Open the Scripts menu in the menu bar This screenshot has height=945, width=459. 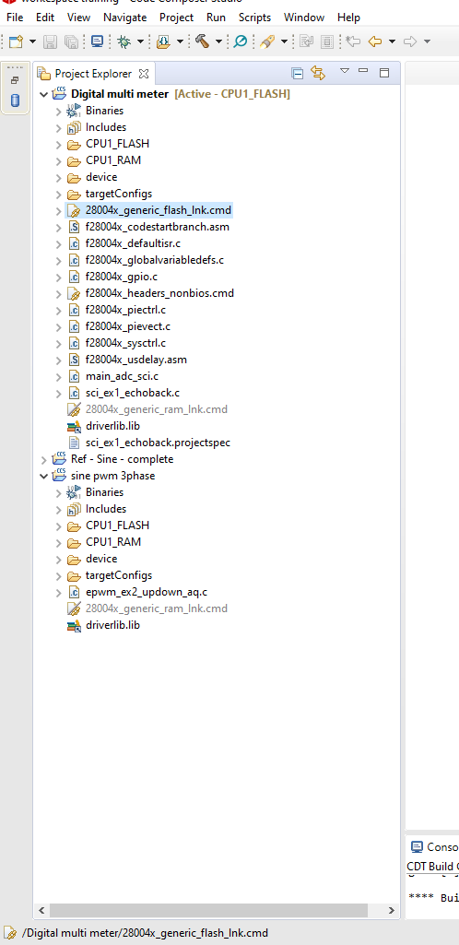pos(254,18)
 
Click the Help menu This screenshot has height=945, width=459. pos(348,18)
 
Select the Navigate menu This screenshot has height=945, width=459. pos(124,18)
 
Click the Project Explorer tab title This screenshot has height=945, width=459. pos(93,74)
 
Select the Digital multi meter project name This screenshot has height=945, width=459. pos(121,94)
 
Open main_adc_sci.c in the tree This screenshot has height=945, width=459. pos(122,376)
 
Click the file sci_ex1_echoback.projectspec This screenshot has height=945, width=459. pos(158,443)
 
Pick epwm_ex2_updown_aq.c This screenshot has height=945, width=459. pos(147,592)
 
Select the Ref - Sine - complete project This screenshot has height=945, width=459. pos(122,459)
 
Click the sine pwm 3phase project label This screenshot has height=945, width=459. pos(112,476)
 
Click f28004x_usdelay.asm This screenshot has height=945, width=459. pos(135,360)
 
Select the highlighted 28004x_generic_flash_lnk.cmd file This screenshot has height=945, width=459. pos(158,210)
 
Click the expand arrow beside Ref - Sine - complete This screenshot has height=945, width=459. pos(43,459)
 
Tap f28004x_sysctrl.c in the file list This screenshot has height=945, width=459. pos(125,343)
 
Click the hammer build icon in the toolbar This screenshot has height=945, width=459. pos(202,41)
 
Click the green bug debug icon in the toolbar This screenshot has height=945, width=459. pos(124,41)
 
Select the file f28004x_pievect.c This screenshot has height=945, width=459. pos(127,326)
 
